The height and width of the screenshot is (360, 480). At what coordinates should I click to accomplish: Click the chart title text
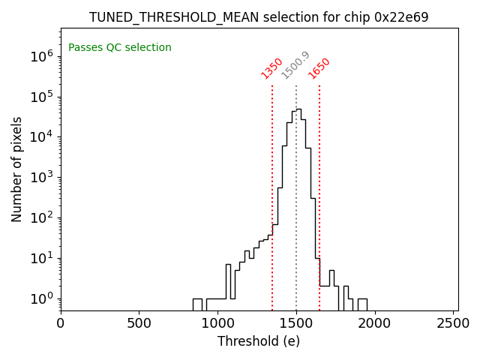point(259,17)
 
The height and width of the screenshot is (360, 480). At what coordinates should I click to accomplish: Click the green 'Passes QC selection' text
point(120,48)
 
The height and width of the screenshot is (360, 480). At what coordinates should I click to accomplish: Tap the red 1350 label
point(271,68)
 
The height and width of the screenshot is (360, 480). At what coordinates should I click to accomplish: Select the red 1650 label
point(319,68)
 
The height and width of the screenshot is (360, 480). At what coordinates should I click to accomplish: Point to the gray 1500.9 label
point(295,65)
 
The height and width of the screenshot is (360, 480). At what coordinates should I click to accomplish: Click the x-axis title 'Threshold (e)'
point(259,341)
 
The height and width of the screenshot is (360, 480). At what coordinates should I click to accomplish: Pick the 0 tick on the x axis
point(61,324)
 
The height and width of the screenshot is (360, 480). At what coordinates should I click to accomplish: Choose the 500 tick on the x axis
point(139,324)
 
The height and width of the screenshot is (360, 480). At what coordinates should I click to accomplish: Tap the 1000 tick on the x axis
point(217,324)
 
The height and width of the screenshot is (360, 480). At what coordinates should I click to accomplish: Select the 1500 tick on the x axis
point(296,324)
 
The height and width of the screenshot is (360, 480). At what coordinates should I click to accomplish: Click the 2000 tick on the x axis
point(375,324)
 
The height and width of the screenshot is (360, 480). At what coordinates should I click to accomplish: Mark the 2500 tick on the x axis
point(453,324)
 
